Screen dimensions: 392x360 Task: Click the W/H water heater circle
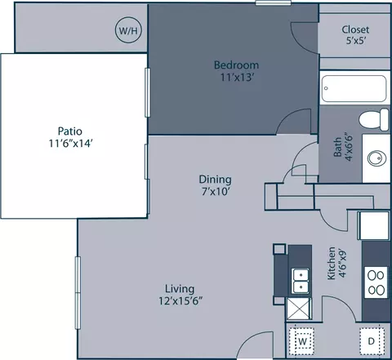[x=129, y=30]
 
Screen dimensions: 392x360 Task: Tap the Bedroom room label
[x=236, y=65]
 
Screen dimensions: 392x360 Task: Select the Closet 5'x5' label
[x=355, y=35]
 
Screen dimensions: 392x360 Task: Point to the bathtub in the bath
[x=354, y=89]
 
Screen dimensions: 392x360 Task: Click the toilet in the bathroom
[x=374, y=120]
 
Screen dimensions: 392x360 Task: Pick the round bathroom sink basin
[x=376, y=158]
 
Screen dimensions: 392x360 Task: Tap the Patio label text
[x=70, y=131]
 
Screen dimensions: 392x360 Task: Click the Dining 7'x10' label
[x=215, y=185]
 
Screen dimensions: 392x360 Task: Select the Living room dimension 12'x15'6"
[x=180, y=301]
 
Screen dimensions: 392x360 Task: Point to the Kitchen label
[x=332, y=263]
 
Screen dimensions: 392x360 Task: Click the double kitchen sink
[x=301, y=281]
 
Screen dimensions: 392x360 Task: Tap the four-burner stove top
[x=376, y=282]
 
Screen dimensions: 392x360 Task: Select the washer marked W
[x=301, y=341]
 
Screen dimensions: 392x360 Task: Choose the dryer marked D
[x=372, y=341]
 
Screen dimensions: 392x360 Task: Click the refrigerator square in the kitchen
[x=373, y=225]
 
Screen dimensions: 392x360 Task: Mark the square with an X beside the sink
[x=299, y=309]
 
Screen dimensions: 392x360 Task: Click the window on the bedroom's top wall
[x=274, y=2]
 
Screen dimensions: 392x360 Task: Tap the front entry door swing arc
[x=253, y=340]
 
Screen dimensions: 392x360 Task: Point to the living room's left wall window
[x=78, y=293]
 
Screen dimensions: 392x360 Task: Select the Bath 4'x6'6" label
[x=343, y=147]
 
